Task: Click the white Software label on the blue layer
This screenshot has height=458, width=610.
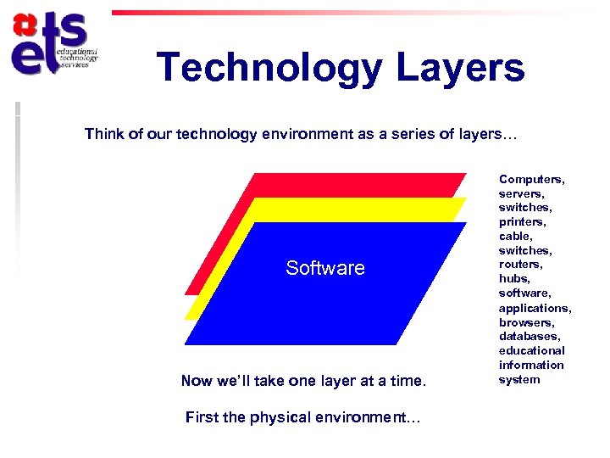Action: pos(325,268)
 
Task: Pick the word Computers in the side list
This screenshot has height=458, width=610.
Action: pos(531,179)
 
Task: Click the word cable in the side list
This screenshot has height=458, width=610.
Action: pos(515,237)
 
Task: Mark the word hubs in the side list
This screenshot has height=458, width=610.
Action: pos(514,279)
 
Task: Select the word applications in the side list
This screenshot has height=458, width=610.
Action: pos(535,308)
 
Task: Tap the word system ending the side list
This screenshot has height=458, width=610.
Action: pos(518,379)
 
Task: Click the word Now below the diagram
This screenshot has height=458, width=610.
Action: pos(197,381)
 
